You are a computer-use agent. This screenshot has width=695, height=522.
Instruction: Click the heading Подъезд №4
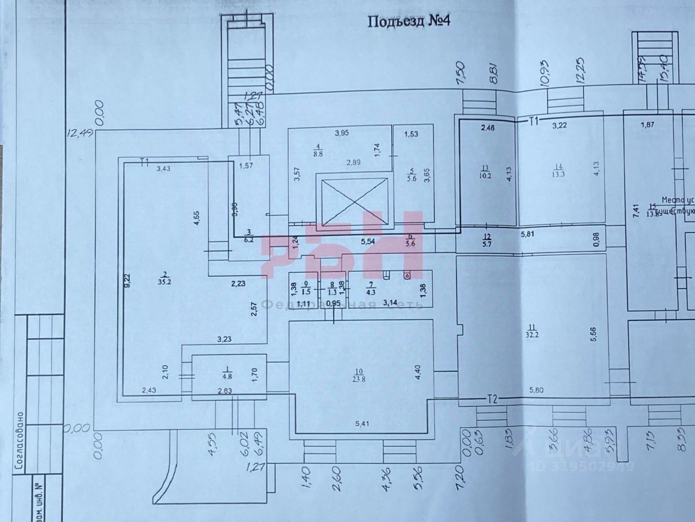point(410,21)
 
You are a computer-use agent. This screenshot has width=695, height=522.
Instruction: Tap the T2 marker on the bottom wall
point(493,400)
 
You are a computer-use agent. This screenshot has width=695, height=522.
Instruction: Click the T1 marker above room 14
point(532,120)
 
